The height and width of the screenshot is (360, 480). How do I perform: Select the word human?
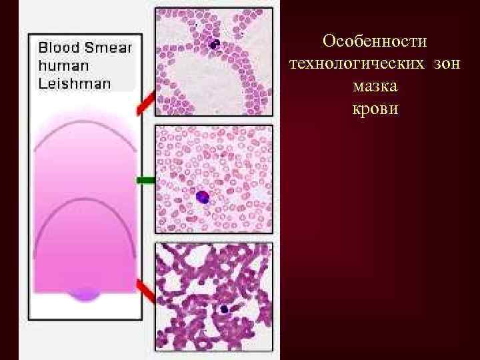pyautogui.click(x=63, y=66)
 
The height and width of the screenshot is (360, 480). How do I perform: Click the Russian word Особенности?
pyautogui.click(x=374, y=41)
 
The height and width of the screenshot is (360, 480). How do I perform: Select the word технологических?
pyautogui.click(x=357, y=64)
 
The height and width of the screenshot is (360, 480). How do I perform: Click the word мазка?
pyautogui.click(x=374, y=87)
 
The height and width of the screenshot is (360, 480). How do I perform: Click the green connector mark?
pyautogui.click(x=145, y=180)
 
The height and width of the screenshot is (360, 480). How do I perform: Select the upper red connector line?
pyautogui.click(x=146, y=103)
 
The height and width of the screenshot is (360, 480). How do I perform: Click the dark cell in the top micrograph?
pyautogui.click(x=215, y=45)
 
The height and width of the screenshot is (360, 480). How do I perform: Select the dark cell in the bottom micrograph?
pyautogui.click(x=225, y=309)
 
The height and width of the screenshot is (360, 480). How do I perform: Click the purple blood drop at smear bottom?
pyautogui.click(x=85, y=293)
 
